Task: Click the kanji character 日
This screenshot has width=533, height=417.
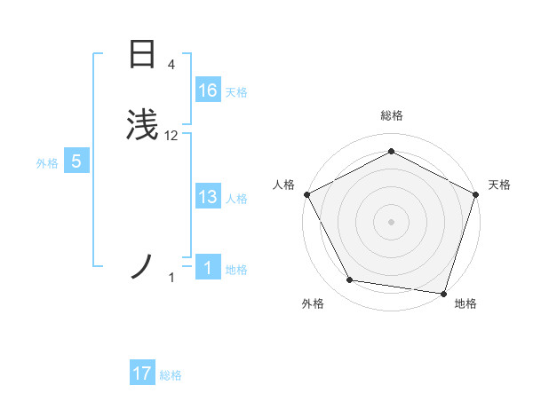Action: [142, 54]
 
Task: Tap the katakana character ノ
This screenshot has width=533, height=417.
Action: [142, 267]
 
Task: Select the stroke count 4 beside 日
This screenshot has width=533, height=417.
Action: [171, 64]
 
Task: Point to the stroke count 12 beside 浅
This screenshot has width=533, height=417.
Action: [171, 136]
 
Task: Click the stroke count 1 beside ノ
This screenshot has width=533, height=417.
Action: [172, 279]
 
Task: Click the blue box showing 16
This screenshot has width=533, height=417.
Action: [207, 90]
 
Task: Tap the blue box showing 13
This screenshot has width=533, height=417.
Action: [207, 197]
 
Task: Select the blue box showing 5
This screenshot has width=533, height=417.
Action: [76, 161]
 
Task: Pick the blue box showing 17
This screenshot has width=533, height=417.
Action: [142, 374]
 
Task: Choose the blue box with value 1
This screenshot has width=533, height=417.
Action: [207, 268]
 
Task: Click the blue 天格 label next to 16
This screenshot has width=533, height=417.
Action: [236, 92]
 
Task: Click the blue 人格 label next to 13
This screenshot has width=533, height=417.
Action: [236, 199]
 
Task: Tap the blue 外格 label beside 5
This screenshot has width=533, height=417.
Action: [47, 163]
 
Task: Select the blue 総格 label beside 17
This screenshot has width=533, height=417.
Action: [171, 375]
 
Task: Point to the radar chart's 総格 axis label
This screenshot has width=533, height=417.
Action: [391, 115]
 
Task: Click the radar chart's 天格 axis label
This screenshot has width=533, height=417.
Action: [499, 185]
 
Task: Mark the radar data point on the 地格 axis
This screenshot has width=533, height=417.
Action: [444, 294]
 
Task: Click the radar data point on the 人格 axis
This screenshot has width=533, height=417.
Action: [306, 193]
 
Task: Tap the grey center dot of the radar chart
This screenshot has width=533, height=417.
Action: [391, 221]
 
